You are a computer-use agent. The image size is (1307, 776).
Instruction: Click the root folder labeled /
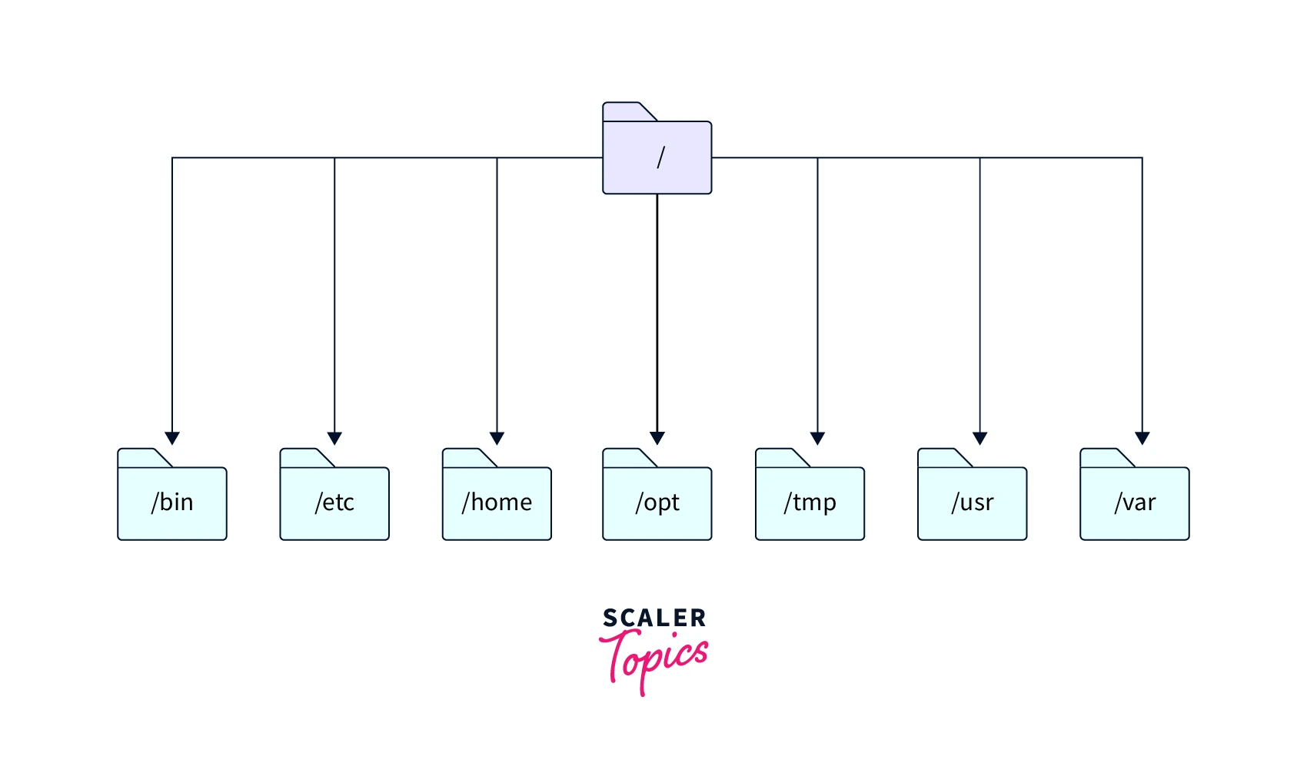657,157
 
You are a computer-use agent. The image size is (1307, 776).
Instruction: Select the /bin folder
172,502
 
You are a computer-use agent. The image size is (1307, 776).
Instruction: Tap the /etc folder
334,502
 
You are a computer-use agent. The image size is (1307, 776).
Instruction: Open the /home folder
497,502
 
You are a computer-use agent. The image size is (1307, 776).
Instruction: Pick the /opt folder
657,502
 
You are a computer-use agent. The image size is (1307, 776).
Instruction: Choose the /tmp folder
810,502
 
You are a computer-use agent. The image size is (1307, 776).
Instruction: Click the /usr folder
972,502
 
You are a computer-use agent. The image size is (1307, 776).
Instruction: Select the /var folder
1134,502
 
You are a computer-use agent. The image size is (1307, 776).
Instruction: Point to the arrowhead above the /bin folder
172,438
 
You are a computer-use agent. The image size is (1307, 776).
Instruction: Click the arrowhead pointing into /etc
334,438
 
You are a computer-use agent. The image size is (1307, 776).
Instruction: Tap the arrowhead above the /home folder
497,438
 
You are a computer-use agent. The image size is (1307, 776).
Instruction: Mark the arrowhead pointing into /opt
657,438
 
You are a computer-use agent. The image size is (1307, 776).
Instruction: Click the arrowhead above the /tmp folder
817,438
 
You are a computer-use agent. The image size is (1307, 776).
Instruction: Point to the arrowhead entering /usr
979,438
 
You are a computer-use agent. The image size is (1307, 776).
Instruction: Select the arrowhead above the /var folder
1142,438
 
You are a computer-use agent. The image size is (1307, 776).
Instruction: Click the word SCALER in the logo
654,618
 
